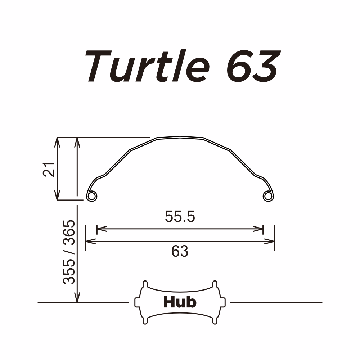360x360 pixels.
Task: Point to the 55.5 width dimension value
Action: pyautogui.click(x=180, y=216)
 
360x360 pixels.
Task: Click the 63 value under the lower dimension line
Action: pyautogui.click(x=180, y=252)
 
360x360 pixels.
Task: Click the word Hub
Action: pyautogui.click(x=180, y=302)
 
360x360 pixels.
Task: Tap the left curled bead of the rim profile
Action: pyautogui.click(x=92, y=195)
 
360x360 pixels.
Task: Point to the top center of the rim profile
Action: pyautogui.click(x=180, y=137)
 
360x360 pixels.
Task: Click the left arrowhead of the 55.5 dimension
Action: pyautogui.click(x=100, y=229)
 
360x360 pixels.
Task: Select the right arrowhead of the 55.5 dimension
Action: pyautogui.click(x=260, y=229)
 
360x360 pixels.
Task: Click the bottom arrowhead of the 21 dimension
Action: pyautogui.click(x=57, y=196)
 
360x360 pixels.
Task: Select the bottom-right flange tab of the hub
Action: pyautogui.click(x=215, y=320)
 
